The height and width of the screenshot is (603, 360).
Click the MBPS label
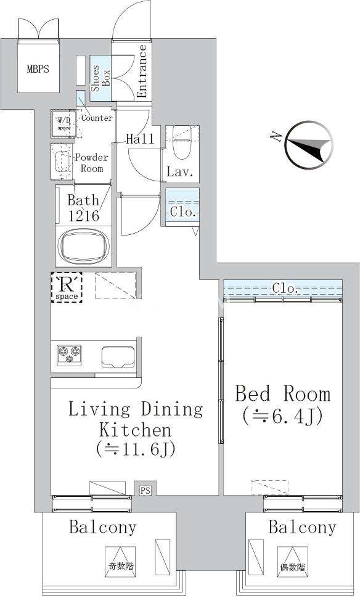tap(38, 69)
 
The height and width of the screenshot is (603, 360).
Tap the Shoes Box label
tap(100, 78)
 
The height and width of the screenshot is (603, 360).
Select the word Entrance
tap(142, 71)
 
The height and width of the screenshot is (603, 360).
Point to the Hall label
tap(140, 139)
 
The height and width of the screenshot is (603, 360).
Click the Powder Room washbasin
tap(62, 162)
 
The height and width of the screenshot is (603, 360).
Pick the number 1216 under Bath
tap(84, 216)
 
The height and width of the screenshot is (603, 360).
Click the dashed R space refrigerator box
tap(67, 287)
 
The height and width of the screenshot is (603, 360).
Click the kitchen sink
tap(118, 357)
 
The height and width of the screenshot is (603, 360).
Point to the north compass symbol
tap(309, 145)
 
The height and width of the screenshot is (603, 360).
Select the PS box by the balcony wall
tap(145, 490)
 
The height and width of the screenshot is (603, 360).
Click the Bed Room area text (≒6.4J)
tap(283, 416)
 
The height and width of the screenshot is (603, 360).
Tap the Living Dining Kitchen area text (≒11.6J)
tap(136, 449)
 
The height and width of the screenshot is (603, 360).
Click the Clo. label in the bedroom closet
tap(285, 288)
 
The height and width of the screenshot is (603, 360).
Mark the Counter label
tap(97, 118)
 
